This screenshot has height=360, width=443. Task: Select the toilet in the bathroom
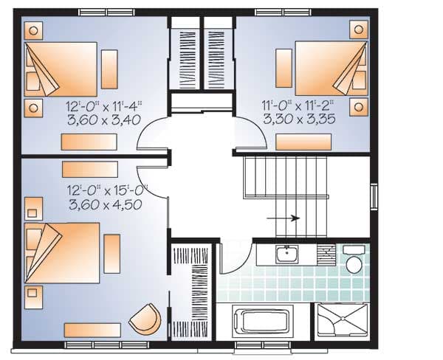(354, 264)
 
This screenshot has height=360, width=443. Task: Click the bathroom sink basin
(287, 255)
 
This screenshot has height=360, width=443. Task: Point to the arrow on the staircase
(284, 218)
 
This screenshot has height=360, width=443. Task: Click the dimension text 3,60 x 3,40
(103, 120)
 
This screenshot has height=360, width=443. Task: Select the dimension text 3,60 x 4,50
(104, 205)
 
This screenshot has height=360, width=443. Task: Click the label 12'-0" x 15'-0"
(105, 190)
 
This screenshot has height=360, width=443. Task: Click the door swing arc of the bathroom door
(230, 255)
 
